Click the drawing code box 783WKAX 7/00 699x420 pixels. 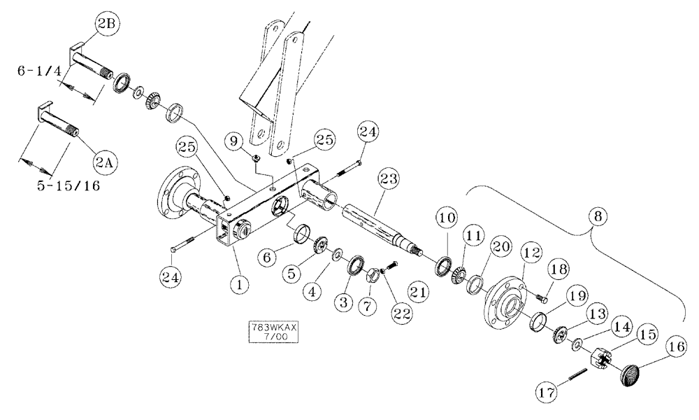coord(273,332)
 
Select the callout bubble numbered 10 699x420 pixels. coord(448,218)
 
